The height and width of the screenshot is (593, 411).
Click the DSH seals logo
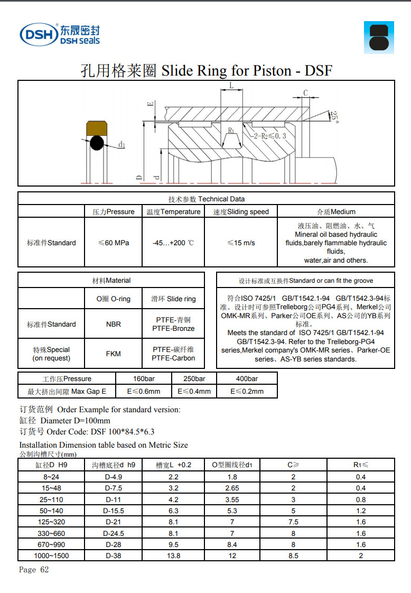(59, 34)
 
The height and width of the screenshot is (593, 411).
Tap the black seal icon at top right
(379, 38)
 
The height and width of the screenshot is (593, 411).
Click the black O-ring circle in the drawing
(96, 143)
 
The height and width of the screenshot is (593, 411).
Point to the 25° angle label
(334, 116)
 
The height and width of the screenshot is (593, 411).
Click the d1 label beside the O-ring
(121, 144)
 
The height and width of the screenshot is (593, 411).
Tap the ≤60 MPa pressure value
(114, 243)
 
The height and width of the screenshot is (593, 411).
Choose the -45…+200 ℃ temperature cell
(173, 243)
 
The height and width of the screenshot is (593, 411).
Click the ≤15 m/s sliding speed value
(241, 243)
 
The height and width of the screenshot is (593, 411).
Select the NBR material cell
(114, 324)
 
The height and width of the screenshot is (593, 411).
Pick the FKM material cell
(114, 354)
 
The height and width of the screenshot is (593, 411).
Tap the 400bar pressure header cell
(247, 378)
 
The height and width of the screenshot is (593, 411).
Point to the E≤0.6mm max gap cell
(143, 391)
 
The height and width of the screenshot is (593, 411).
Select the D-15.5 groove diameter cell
(114, 511)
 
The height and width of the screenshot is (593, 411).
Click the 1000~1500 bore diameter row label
(51, 555)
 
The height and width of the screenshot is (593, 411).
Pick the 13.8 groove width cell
(173, 555)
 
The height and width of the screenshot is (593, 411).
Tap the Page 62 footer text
(34, 570)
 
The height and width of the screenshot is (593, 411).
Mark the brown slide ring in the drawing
(96, 127)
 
